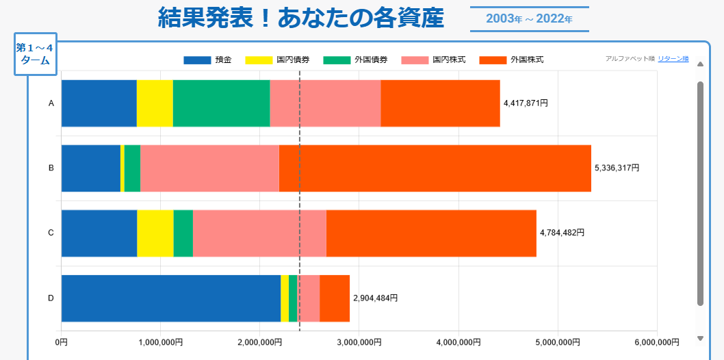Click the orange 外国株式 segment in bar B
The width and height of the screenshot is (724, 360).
pos(435,168)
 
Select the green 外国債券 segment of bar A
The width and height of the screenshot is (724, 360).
pos(221,103)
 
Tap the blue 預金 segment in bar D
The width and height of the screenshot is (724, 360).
pos(171,298)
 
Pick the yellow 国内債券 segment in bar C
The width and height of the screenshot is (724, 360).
pos(155,233)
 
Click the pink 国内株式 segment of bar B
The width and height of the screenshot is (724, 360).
pos(209,168)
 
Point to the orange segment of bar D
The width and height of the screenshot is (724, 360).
pos(335,298)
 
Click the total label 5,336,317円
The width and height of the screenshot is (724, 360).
pos(617,168)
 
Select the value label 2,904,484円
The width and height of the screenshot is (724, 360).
pos(375,298)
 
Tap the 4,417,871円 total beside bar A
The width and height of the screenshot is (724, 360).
pos(526,103)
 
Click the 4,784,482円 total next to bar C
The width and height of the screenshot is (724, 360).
pos(562,233)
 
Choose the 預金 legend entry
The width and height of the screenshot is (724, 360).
pos(208,60)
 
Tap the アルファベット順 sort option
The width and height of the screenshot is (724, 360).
pos(630,59)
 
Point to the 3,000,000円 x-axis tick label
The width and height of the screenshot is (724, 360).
pos(359,342)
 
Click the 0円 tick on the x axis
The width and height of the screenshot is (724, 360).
pos(62,342)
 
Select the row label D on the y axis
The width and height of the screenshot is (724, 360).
pos(51,298)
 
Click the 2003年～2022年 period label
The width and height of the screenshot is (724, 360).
pos(529,18)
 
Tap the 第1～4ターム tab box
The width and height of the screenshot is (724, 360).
pos(35,53)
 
